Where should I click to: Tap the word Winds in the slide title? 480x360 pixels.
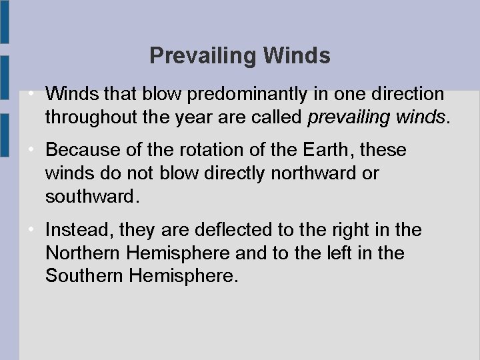click(297, 56)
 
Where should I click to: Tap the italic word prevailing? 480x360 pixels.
click(347, 118)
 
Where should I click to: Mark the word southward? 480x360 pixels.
click(91, 197)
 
